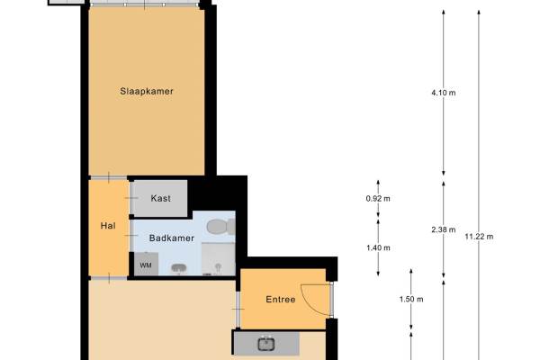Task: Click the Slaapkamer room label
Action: point(147,91)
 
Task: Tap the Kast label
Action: point(160,198)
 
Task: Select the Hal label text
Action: point(108,226)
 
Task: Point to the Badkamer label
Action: point(172,238)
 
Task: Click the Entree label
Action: point(281,300)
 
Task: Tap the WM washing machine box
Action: point(146,265)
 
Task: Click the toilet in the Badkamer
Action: point(220,226)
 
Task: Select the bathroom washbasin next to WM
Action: point(179,268)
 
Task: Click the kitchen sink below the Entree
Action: point(266,344)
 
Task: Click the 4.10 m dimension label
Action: point(444,93)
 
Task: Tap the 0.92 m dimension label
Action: point(378,199)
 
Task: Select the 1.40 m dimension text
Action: point(378,248)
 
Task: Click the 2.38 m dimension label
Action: point(444,229)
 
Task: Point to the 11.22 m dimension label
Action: point(479,237)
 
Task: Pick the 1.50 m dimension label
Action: point(411,300)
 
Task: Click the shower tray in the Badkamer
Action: point(219,259)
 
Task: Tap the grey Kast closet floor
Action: point(160,198)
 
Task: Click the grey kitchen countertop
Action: point(266,344)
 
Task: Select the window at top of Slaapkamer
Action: point(145,4)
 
